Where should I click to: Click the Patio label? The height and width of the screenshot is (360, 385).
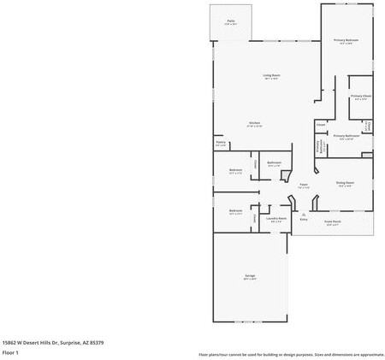[230, 21]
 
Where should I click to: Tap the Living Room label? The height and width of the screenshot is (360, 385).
[271, 76]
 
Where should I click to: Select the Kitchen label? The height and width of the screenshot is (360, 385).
[254, 123]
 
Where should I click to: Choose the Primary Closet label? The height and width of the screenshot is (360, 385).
[361, 97]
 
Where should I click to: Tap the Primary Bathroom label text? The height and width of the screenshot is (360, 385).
[346, 136]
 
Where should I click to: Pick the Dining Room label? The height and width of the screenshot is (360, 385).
[345, 183]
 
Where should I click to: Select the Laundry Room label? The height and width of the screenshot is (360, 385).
[275, 219]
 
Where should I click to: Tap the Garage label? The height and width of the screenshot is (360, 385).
[250, 276]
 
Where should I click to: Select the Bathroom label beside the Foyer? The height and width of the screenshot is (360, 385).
[274, 163]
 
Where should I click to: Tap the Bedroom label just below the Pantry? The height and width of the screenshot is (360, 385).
[235, 169]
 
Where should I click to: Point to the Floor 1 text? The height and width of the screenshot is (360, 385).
[10, 352]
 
